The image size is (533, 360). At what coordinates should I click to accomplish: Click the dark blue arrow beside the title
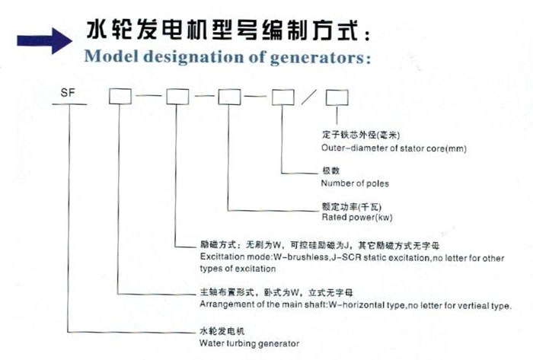coord(44,41)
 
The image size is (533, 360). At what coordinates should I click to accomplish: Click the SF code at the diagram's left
coord(68,93)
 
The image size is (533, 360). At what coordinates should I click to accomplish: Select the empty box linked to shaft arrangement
coord(120,97)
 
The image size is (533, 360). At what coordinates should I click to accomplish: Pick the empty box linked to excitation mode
coord(177,97)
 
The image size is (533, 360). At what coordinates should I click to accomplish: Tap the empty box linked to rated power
coord(230,97)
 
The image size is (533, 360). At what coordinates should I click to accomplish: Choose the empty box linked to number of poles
coord(283,97)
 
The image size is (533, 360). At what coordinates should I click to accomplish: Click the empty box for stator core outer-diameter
coord(337,97)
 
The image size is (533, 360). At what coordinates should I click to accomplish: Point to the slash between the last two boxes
coord(309,97)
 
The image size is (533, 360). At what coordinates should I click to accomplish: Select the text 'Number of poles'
coord(355,183)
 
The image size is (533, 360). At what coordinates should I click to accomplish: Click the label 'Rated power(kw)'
coord(357,218)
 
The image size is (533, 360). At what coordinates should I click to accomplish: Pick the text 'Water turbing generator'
coord(250,343)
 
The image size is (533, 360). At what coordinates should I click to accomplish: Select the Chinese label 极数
coord(331,170)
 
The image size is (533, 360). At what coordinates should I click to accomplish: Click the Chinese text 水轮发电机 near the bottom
coord(222,331)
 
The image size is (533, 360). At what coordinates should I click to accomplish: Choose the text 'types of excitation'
coord(238,269)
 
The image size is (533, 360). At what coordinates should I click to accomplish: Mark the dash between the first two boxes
coord(149,95)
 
